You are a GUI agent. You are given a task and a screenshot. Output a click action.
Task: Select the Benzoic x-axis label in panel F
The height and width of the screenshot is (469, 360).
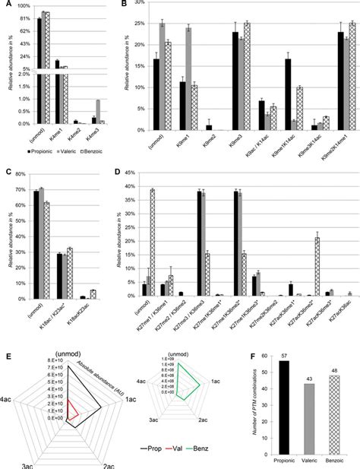[x=337, y=460]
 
